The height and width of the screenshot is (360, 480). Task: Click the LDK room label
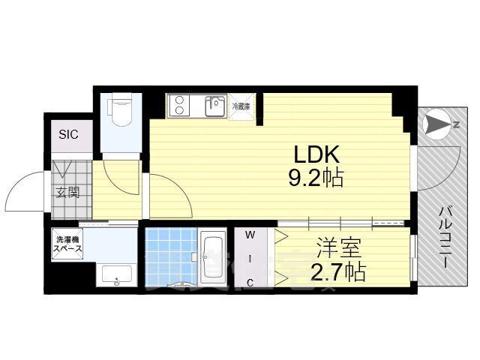pyautogui.click(x=316, y=155)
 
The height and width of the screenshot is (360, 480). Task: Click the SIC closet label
pyautogui.click(x=69, y=135)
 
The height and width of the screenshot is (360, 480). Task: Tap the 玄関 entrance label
pyautogui.click(x=66, y=191)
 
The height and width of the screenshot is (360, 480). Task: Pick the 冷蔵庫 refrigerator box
pyautogui.click(x=241, y=106)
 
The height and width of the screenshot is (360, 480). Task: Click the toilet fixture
pyautogui.click(x=120, y=112)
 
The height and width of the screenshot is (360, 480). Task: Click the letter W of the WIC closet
pyautogui.click(x=251, y=236)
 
